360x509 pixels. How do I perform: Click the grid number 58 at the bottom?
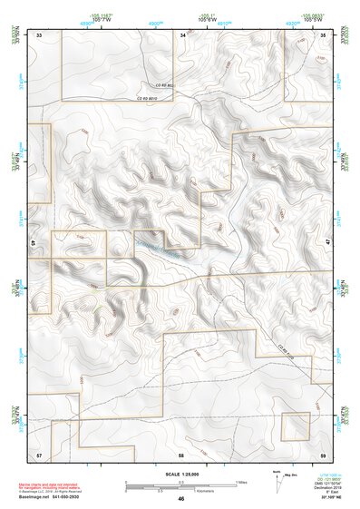[x=181, y=453]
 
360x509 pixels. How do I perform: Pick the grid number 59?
[x=323, y=453]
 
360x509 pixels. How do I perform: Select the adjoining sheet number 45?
[x=34, y=243]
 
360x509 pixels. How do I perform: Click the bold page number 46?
[x=181, y=498]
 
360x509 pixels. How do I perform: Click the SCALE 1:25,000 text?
[x=181, y=474]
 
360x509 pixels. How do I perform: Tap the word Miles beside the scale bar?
[x=241, y=482]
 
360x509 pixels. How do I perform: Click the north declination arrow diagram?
[x=277, y=483]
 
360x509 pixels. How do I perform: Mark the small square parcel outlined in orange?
[x=294, y=426]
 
